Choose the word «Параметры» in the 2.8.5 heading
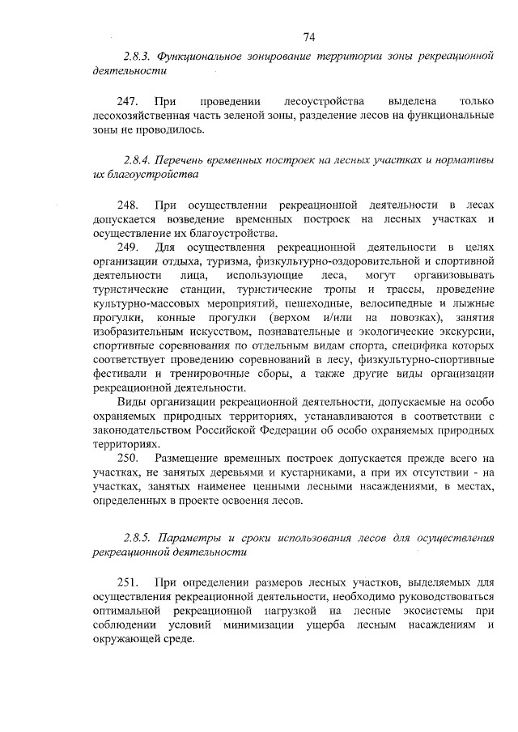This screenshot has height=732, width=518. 187,538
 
